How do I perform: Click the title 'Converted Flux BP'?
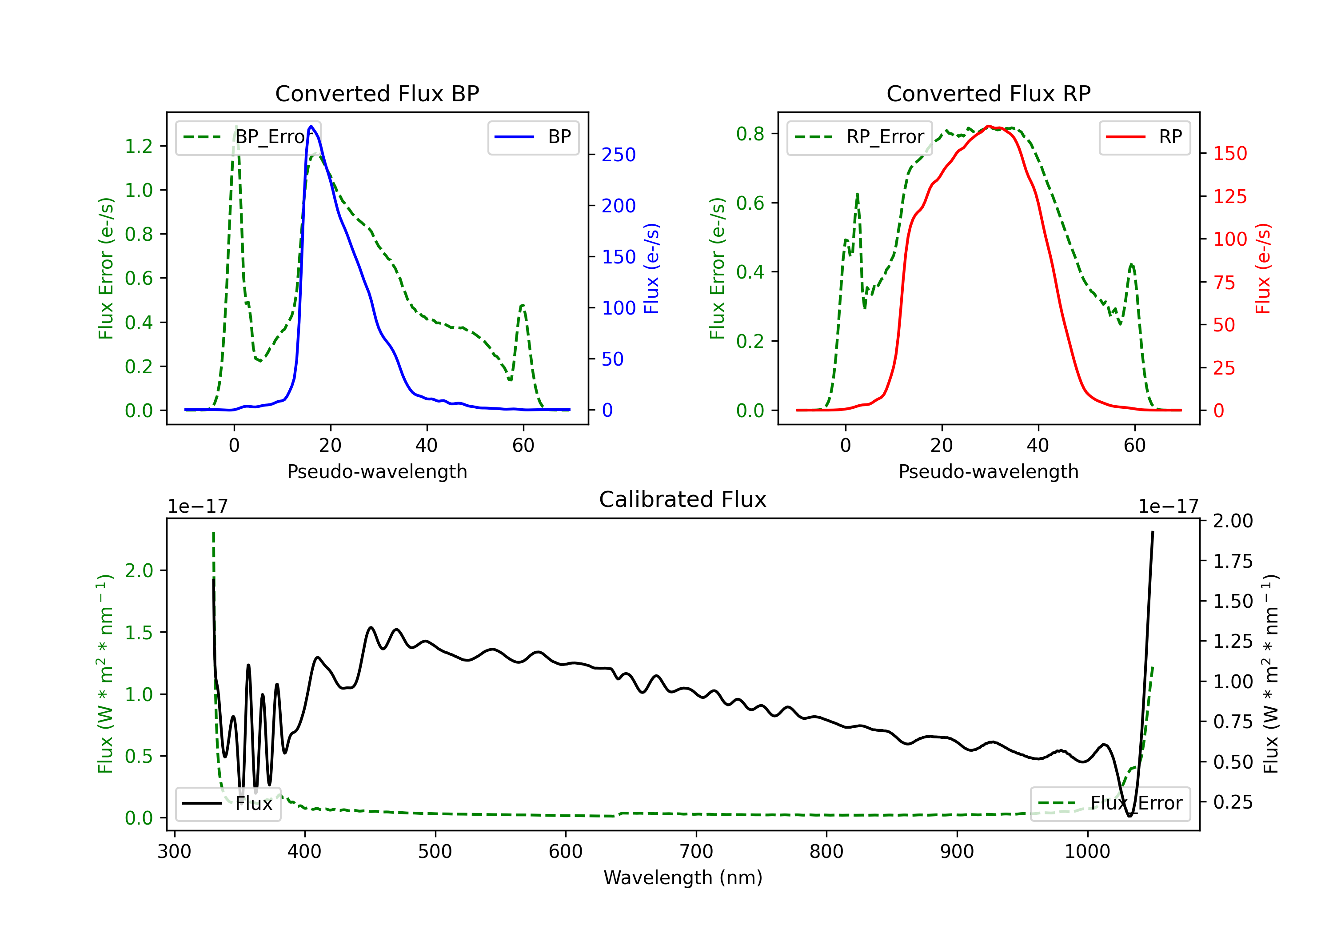[x=377, y=93]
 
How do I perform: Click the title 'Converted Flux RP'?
[x=988, y=93]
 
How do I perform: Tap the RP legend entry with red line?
[x=1144, y=137]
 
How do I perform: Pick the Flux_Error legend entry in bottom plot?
[x=1110, y=804]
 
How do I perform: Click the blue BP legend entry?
[x=533, y=137]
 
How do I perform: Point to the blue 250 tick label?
[x=619, y=155]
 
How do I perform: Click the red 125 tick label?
[x=1229, y=196]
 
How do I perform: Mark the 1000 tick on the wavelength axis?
[x=1087, y=851]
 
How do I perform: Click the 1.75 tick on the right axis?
[x=1233, y=562]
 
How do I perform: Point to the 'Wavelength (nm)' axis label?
[x=683, y=877]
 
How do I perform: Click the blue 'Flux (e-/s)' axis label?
[x=651, y=268]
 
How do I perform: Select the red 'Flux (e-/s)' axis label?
[x=1263, y=268]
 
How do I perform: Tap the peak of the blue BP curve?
[x=311, y=126]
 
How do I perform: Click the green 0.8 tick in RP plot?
[x=750, y=134]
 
